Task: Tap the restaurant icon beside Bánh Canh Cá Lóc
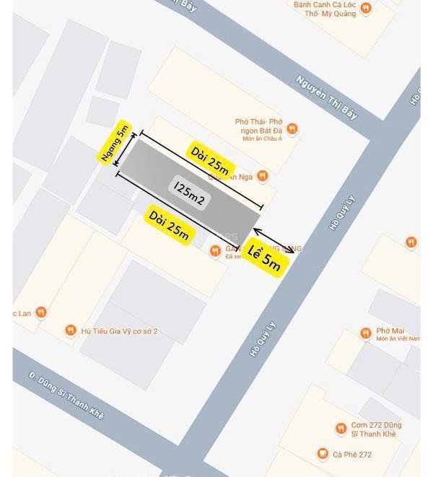tap(366, 9)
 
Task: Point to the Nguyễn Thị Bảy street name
tap(326, 97)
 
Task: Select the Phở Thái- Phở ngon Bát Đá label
tap(258, 128)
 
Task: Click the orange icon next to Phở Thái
tap(292, 129)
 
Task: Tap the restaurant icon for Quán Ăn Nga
tap(263, 175)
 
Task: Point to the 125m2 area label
tap(190, 192)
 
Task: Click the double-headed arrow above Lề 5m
tap(274, 241)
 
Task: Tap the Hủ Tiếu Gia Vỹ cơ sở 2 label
tap(119, 331)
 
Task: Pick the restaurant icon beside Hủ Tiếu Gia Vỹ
tap(70, 331)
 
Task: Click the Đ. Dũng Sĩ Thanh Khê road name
tap(66, 395)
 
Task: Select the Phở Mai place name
tap(390, 332)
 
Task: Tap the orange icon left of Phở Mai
tap(366, 333)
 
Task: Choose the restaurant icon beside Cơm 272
tap(341, 429)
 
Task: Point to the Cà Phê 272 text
tap(352, 455)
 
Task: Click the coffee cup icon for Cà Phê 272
tap(323, 454)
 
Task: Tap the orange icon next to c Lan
tap(41, 312)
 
